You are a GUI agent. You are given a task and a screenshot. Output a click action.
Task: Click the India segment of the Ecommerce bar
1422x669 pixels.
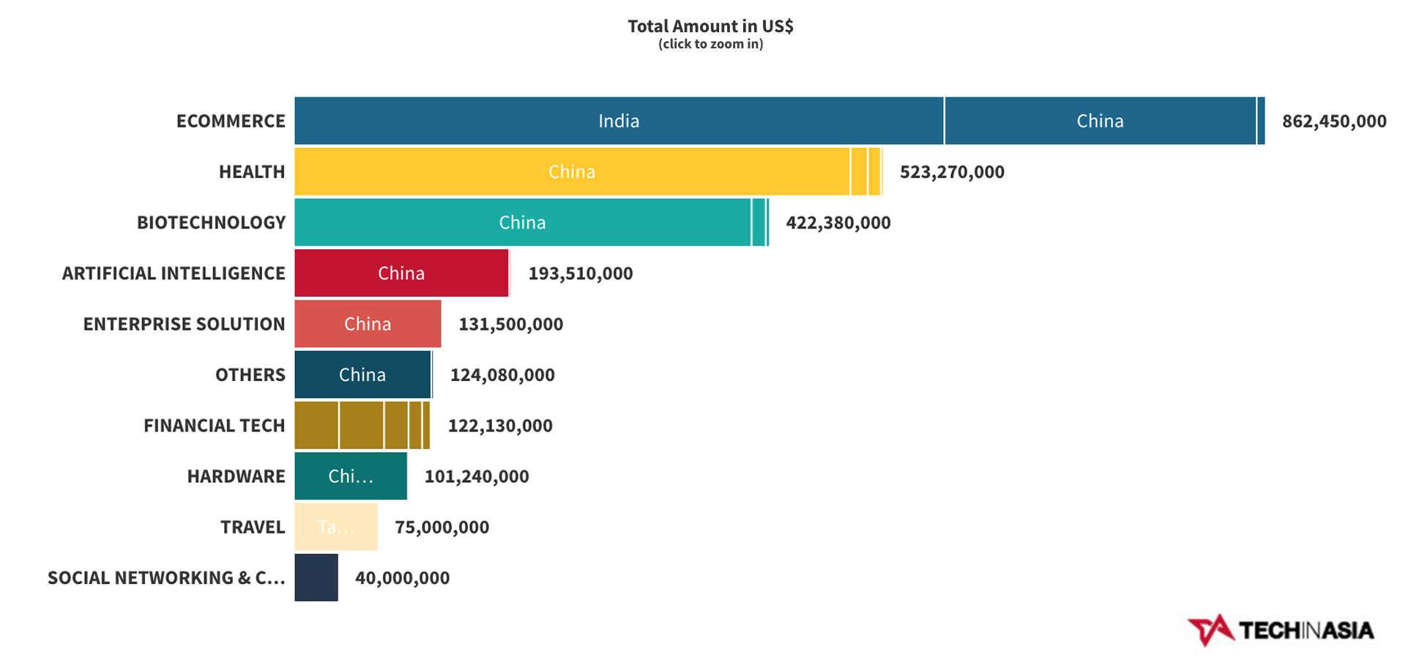[619, 121]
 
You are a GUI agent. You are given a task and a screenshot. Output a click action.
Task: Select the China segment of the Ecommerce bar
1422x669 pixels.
[1100, 121]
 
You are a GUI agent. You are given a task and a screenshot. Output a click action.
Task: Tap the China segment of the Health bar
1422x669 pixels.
[572, 171]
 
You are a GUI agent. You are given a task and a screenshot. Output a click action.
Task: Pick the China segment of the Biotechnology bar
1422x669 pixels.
[522, 222]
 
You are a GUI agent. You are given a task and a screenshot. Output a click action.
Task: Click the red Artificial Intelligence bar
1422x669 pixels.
[401, 273]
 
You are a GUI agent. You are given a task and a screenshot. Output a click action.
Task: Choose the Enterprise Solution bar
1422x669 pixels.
[368, 324]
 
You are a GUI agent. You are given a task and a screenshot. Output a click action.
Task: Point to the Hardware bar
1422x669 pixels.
[351, 476]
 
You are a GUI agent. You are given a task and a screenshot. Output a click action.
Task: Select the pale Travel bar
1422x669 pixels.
[336, 527]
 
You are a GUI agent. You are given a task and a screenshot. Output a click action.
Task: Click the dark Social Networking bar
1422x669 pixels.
[316, 577]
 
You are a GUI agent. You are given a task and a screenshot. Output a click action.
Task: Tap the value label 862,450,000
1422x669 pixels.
[1333, 121]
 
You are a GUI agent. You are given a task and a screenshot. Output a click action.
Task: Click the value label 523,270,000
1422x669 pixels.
[951, 172]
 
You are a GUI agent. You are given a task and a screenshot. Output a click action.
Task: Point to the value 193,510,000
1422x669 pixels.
[580, 273]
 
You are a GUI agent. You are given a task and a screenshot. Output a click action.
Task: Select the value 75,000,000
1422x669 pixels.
[442, 527]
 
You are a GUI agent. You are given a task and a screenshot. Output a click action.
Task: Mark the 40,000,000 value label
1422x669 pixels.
[402, 578]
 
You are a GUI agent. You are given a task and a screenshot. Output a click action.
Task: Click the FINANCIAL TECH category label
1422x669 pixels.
[214, 426]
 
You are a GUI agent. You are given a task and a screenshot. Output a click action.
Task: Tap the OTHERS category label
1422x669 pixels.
[250, 375]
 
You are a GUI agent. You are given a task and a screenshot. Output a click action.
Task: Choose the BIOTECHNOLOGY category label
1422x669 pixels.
[211, 223]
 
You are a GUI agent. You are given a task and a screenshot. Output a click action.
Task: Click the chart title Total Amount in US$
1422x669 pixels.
[710, 26]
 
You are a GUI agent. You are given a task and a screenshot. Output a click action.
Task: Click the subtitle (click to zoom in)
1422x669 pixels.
[710, 44]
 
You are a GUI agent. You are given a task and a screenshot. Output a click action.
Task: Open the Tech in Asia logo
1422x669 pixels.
[1281, 630]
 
